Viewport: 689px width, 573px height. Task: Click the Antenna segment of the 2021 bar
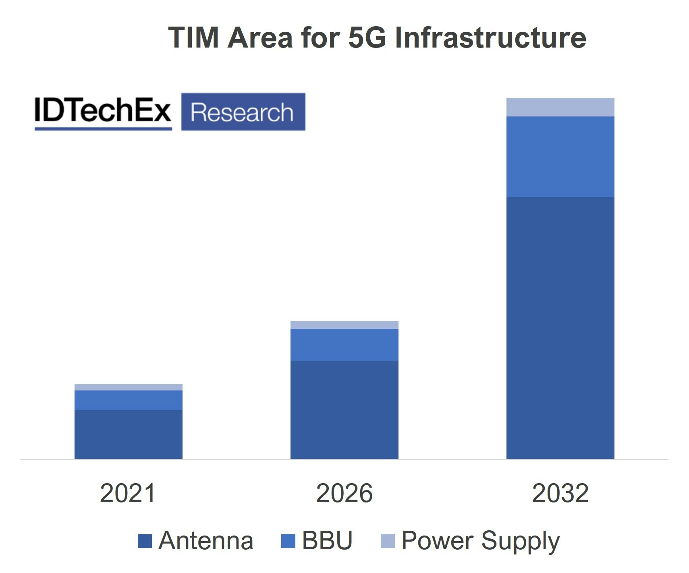128,434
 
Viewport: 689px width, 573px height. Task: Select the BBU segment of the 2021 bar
128,400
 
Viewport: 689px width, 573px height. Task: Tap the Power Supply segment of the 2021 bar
128,387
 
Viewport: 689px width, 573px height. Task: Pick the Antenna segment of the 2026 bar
344,409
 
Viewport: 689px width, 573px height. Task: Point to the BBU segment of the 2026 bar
344,345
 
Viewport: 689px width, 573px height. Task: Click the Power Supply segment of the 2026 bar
344,325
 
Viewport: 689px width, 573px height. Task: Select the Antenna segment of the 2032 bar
560,328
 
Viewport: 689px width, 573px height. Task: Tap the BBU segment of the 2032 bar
560,156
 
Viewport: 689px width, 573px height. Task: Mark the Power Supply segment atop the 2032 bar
560,107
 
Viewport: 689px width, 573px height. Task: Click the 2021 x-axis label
128,493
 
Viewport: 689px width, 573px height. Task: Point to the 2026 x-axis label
344,493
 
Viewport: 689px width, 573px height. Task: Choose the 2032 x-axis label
560,493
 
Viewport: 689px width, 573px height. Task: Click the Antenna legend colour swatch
145,541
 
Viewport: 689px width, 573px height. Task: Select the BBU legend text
327,540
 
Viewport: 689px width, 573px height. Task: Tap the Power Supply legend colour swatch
388,541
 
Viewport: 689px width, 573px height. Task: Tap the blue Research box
243,112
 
